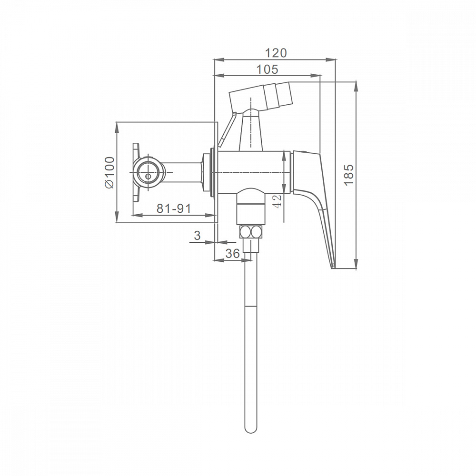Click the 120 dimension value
pos(276,53)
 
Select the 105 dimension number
pos(267,69)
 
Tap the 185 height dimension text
pos(349,175)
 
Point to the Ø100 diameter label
pos(109,172)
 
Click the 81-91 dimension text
pos(174,208)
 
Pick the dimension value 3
pos(198,235)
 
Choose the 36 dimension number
pos(233,253)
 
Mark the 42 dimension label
pos(277,201)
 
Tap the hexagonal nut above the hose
pos(251,232)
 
